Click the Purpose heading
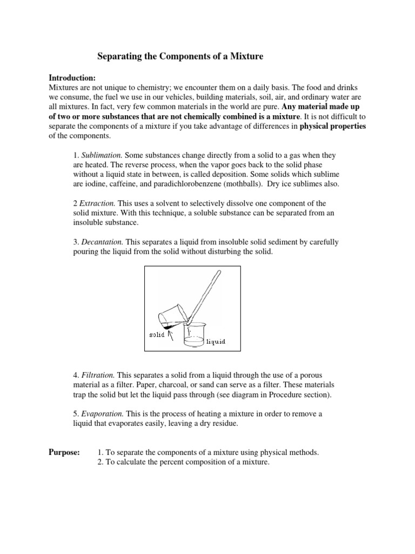tap(64, 452)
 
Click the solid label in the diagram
tap(157, 334)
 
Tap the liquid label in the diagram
tap(216, 341)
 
